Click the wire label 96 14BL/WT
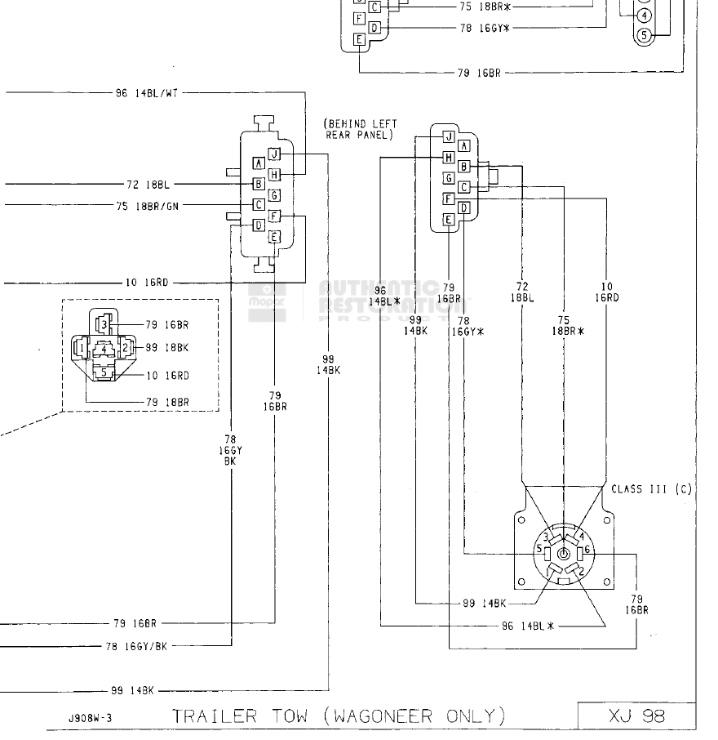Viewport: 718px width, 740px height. coord(146,93)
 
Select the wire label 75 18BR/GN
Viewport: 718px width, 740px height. coord(147,207)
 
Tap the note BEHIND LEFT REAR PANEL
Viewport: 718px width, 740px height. coord(361,129)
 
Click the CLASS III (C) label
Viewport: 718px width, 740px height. coord(651,489)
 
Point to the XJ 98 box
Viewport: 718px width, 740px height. coord(636,716)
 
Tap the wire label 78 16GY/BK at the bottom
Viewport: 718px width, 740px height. coord(136,645)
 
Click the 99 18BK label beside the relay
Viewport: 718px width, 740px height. coord(167,348)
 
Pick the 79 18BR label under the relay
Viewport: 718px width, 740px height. coord(167,402)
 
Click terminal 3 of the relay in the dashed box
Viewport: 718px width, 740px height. coord(104,325)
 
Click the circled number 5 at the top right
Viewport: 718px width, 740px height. coord(645,35)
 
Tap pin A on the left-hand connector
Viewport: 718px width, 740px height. coord(258,163)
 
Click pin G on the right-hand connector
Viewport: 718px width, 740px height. coord(448,177)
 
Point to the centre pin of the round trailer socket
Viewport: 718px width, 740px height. coord(562,551)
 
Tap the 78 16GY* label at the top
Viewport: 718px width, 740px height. coord(484,27)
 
